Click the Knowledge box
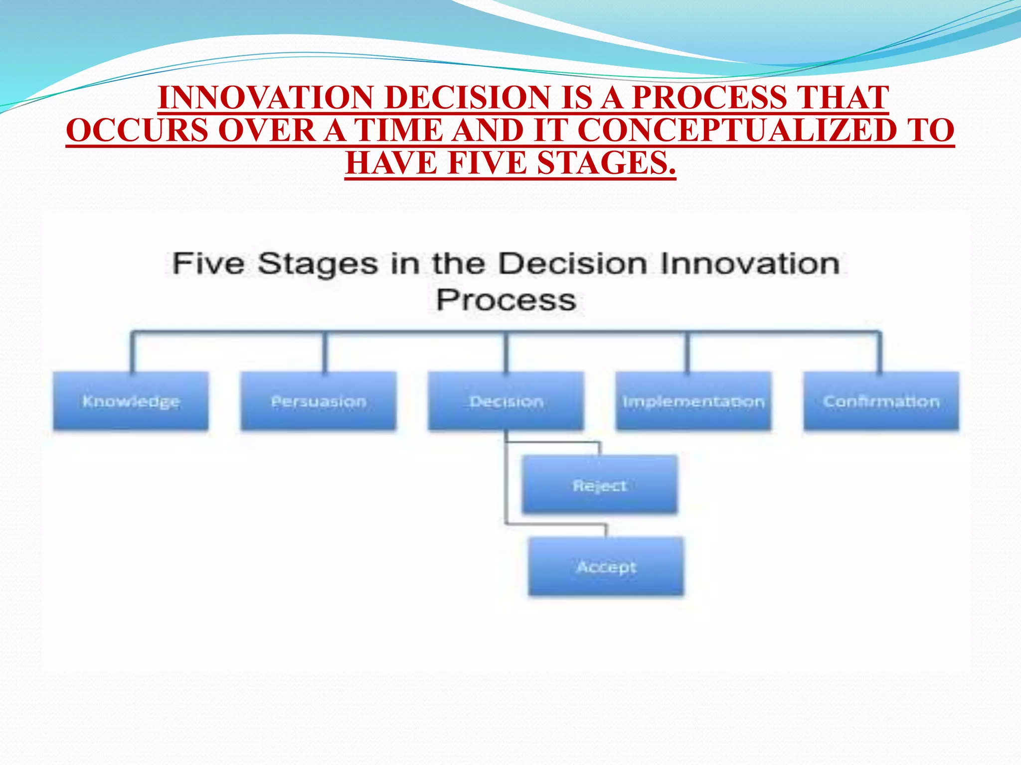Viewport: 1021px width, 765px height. (x=131, y=401)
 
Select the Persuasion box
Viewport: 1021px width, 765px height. (x=319, y=401)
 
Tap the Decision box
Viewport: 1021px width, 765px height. (x=506, y=401)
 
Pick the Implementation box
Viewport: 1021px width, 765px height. (x=693, y=401)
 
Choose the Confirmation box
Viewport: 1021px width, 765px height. (x=881, y=401)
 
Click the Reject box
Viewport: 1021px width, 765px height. (x=600, y=485)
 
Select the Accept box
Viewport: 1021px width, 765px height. (x=606, y=566)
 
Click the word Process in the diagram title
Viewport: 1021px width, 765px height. (x=506, y=300)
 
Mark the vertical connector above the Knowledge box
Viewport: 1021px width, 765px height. (x=133, y=352)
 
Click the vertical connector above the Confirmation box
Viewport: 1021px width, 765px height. (x=880, y=352)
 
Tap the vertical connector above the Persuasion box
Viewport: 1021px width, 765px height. (x=325, y=352)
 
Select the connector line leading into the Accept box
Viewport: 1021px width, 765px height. (x=556, y=524)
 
